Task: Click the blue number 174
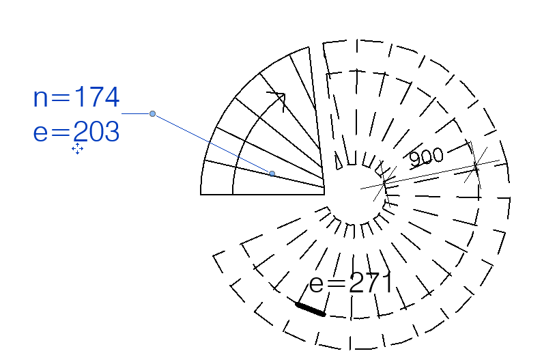[x=97, y=98]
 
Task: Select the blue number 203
[x=97, y=130]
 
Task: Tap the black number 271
[x=371, y=283]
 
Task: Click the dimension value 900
[x=426, y=158]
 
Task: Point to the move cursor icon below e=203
[x=77, y=148]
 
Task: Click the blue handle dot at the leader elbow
[x=152, y=114]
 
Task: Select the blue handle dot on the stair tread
[x=272, y=174]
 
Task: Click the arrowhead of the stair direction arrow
[x=278, y=98]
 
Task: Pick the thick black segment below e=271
[x=311, y=309]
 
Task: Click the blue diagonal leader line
[x=212, y=143]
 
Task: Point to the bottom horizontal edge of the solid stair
[x=263, y=195]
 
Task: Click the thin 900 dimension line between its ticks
[x=430, y=173]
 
